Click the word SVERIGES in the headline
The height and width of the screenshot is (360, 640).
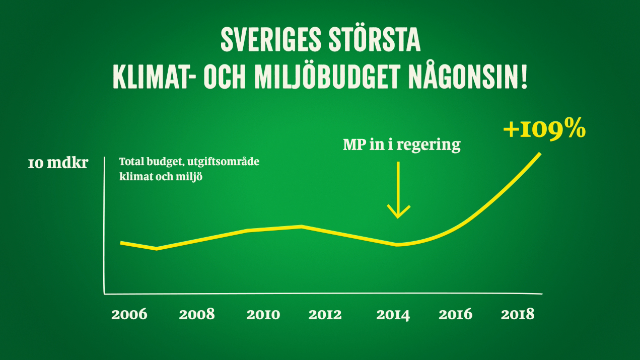coord(271,39)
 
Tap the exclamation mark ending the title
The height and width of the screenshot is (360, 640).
coord(524,77)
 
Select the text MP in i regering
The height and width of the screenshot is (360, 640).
coord(401,145)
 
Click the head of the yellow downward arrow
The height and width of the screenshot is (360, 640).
coord(398,217)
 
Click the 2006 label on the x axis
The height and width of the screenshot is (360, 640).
coord(129,314)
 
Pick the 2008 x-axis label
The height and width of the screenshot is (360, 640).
coord(196,314)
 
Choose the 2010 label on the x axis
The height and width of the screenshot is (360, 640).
coord(263,314)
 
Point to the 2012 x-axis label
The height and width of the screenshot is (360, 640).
coord(325,315)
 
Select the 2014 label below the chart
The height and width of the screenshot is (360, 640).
coord(393,315)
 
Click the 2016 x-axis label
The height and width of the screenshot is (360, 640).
coord(455,314)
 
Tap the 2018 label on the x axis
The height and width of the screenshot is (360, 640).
coord(518,314)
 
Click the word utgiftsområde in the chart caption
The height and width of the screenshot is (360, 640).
coord(223,162)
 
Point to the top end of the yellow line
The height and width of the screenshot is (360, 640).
coord(540,154)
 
